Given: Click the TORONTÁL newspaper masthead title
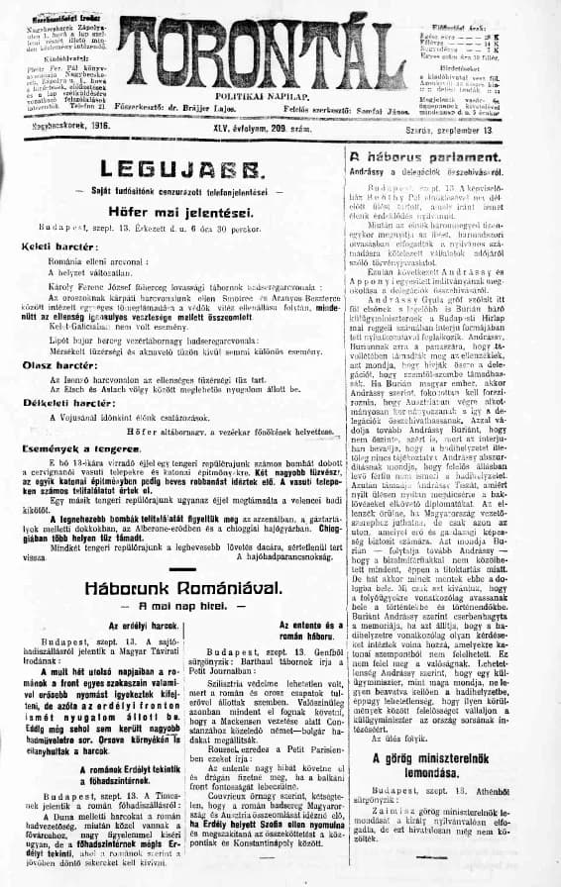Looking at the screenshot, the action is pyautogui.click(x=280, y=45).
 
